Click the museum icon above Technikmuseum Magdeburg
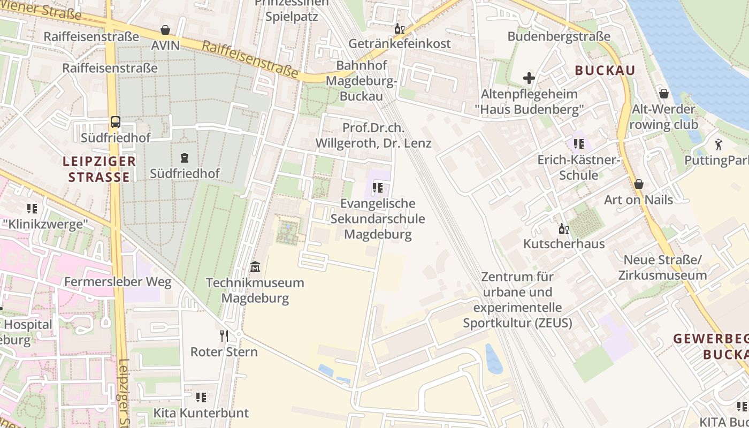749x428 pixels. pyautogui.click(x=255, y=266)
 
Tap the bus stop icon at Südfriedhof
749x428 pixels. pyautogui.click(x=115, y=121)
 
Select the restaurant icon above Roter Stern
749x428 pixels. pyautogui.click(x=224, y=336)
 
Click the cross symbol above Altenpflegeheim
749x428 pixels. pyautogui.click(x=529, y=78)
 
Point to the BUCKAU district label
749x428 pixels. pyautogui.click(x=605, y=71)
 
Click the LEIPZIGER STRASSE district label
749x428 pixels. pyautogui.click(x=99, y=169)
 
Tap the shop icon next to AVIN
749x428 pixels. pyautogui.click(x=165, y=30)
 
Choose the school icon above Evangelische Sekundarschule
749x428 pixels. pyautogui.click(x=378, y=188)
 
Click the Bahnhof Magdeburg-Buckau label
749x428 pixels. pyautogui.click(x=362, y=81)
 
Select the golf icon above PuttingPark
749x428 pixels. pyautogui.click(x=718, y=144)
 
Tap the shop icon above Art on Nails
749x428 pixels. pyautogui.click(x=638, y=185)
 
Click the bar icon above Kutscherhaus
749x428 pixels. pyautogui.click(x=563, y=229)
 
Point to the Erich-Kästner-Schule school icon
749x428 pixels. pyautogui.click(x=578, y=144)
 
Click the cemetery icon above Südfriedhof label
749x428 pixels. pyautogui.click(x=185, y=158)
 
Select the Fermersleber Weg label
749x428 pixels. pyautogui.click(x=118, y=282)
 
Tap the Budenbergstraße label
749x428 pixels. pyautogui.click(x=559, y=36)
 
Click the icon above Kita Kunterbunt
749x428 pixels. pyautogui.click(x=201, y=398)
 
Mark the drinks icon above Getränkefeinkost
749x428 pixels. pyautogui.click(x=399, y=28)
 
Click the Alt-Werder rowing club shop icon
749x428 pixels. pyautogui.click(x=664, y=94)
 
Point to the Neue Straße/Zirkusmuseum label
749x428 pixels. pyautogui.click(x=662, y=267)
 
